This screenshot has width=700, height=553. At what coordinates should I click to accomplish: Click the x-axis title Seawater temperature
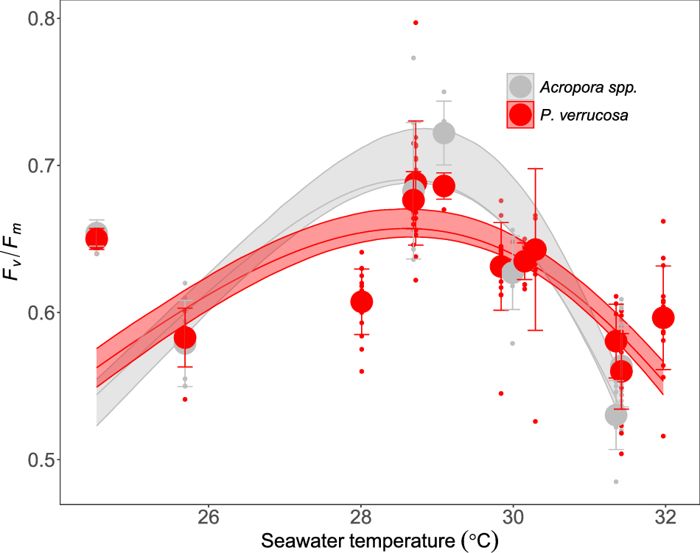click(x=379, y=541)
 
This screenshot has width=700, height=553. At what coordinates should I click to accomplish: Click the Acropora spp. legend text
click(x=587, y=87)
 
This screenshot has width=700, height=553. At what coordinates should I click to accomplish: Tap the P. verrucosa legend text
click(x=584, y=115)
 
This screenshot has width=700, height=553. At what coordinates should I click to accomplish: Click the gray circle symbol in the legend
click(x=520, y=87)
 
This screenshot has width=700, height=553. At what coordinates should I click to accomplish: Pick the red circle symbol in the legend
click(x=520, y=115)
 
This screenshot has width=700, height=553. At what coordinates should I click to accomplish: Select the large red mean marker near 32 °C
click(x=663, y=318)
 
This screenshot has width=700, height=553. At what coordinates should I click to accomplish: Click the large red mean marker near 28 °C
click(x=361, y=301)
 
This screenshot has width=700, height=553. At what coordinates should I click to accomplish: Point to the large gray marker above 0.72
click(x=444, y=133)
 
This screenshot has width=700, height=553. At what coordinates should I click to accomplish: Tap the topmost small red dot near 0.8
click(x=416, y=23)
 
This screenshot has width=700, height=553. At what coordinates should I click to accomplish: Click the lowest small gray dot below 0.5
click(x=616, y=482)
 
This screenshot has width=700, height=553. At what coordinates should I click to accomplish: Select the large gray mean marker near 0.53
click(x=616, y=415)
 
